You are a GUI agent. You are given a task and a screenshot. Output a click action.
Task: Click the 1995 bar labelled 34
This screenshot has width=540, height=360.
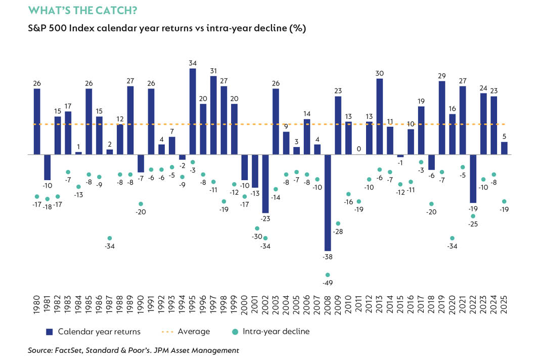(x=193, y=111)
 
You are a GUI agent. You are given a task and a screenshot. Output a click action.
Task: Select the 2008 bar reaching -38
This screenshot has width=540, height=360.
(x=328, y=202)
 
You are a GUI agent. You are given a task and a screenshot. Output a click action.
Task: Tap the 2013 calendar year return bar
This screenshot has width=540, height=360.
(x=379, y=116)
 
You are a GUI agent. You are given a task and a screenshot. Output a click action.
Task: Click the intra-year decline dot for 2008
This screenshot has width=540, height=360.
(x=328, y=275)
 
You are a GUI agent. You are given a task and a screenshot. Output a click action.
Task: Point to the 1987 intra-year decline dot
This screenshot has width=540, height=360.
(x=110, y=238)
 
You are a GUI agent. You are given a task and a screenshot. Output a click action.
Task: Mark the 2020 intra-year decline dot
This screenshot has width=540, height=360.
(x=452, y=238)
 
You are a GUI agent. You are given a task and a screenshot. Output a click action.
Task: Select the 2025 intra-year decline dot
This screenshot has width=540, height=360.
(x=504, y=201)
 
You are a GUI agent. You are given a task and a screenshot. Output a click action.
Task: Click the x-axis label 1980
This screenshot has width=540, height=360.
(x=37, y=306)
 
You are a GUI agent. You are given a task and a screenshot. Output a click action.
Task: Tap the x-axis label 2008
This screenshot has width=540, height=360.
(x=328, y=306)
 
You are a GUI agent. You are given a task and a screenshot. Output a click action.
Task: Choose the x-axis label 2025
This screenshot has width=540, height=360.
(x=504, y=306)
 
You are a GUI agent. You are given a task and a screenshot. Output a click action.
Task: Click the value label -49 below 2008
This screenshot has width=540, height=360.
(x=328, y=284)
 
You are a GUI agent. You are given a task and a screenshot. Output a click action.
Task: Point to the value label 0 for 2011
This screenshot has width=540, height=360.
(x=358, y=149)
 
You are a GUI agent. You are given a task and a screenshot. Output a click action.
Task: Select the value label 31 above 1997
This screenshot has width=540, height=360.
(x=213, y=70)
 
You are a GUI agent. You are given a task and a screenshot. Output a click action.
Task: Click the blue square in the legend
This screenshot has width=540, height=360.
(x=49, y=332)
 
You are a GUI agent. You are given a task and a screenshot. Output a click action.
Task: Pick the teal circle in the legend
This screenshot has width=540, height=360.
(x=235, y=332)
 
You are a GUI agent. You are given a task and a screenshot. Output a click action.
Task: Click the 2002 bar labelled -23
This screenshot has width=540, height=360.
(x=265, y=183)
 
